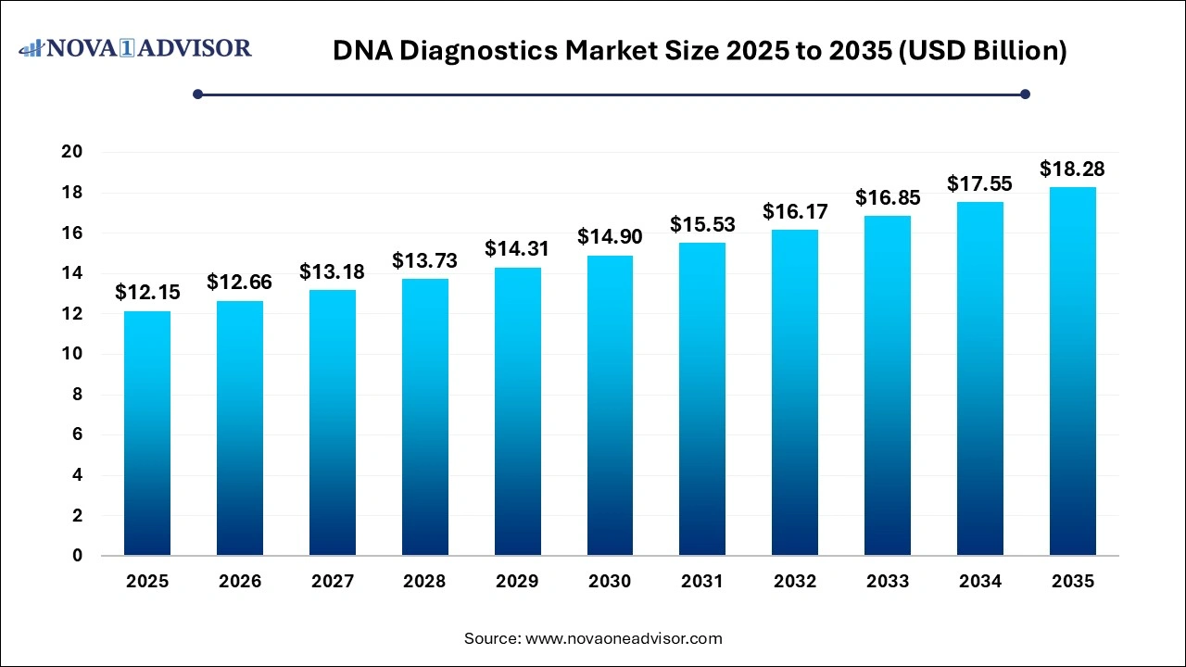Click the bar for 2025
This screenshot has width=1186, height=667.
147,434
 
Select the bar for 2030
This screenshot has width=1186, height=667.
610,406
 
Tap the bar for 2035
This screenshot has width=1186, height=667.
1072,371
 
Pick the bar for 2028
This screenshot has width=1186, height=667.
424,417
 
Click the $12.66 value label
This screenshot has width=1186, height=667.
239,282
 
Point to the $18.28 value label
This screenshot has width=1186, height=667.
1072,169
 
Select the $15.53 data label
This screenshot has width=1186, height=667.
702,224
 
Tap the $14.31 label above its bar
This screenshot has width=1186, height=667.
517,248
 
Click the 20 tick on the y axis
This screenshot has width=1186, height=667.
72,152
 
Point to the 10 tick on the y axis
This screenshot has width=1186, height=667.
72,354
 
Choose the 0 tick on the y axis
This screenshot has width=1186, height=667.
78,556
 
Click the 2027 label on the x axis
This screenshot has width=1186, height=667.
333,582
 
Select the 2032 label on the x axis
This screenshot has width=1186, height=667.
795,582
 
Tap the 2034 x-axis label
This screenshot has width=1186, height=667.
980,582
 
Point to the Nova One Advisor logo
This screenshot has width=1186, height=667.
135,47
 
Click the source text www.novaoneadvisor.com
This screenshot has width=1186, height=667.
624,638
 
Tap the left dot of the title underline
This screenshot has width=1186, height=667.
197,94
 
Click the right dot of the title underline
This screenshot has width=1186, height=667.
1025,94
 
